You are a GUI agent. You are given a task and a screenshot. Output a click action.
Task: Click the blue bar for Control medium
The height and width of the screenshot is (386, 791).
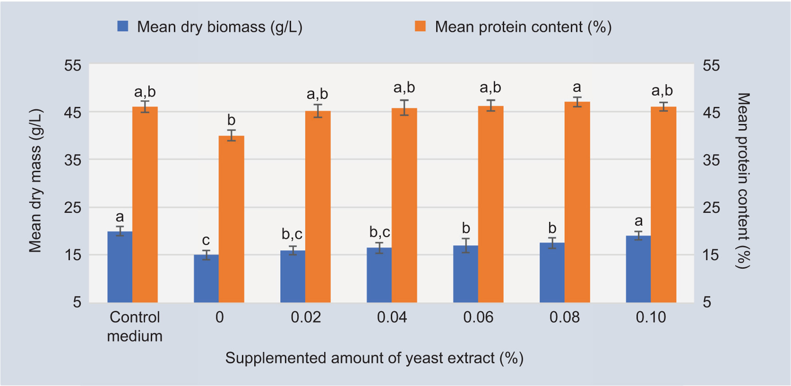click(x=120, y=267)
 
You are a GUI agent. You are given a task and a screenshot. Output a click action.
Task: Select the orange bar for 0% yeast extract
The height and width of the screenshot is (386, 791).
click(x=231, y=219)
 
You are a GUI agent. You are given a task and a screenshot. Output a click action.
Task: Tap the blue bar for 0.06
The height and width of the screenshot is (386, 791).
click(x=465, y=274)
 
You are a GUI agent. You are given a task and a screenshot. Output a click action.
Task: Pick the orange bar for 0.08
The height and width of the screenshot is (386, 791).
click(x=577, y=202)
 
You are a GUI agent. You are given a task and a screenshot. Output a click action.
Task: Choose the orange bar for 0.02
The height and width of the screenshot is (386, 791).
click(x=318, y=207)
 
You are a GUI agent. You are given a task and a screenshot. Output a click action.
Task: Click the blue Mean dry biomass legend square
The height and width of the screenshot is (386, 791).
click(x=123, y=26)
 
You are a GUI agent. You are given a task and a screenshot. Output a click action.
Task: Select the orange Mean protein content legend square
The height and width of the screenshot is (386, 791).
click(x=420, y=26)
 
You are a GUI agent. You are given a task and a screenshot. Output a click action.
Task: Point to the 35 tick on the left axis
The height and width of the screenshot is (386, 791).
click(x=73, y=160)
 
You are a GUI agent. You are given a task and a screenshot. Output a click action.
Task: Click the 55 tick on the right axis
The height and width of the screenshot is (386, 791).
click(x=711, y=65)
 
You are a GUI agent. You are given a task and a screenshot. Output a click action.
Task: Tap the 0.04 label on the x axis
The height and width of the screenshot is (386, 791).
click(x=392, y=317)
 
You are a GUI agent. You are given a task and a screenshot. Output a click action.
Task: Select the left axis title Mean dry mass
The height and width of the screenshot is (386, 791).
click(x=35, y=181)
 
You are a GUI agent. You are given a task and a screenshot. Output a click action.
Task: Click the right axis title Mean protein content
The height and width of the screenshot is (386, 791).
click(x=743, y=181)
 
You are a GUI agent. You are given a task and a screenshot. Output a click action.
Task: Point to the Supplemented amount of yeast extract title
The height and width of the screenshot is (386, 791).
click(x=374, y=358)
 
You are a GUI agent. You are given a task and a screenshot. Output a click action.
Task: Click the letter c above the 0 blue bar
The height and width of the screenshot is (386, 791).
click(x=206, y=240)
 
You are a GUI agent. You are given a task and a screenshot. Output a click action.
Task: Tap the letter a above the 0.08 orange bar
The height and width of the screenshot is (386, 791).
click(x=577, y=87)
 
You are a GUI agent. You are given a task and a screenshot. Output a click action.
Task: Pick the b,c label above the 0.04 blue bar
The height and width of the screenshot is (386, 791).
click(x=379, y=232)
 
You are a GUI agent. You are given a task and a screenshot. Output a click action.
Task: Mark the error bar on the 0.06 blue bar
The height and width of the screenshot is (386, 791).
click(x=466, y=246)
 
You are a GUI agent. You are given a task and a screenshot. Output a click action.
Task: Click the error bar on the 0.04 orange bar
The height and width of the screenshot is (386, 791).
click(x=404, y=108)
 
